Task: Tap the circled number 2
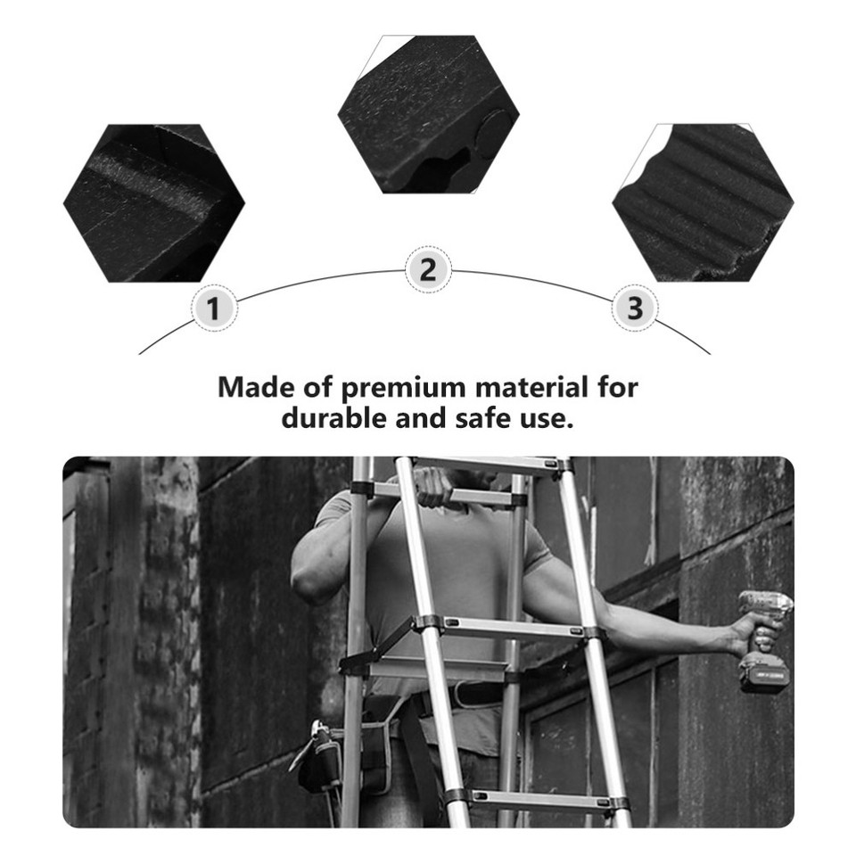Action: [428, 269]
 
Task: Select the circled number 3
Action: [635, 309]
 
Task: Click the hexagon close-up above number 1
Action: [153, 203]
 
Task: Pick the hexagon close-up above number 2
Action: [428, 113]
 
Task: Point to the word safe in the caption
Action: [483, 417]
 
